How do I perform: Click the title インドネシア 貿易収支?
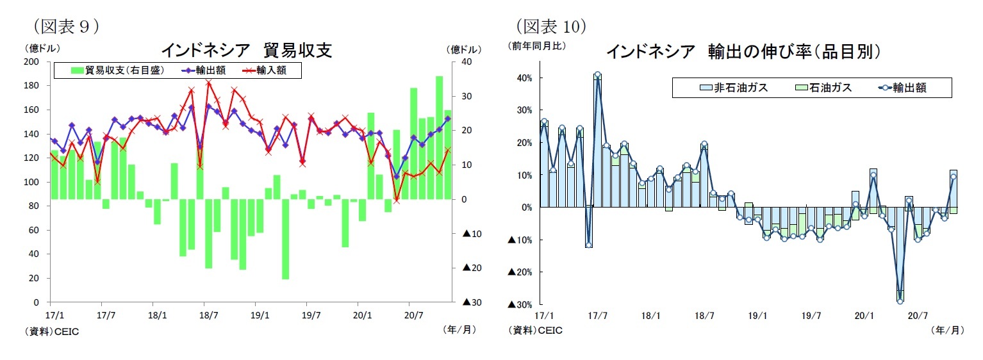(x=245, y=50)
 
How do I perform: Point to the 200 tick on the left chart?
(x=33, y=61)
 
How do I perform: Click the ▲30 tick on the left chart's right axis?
(x=471, y=302)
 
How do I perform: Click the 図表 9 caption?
(x=65, y=26)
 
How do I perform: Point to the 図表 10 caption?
(x=552, y=26)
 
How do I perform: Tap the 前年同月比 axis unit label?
(x=537, y=46)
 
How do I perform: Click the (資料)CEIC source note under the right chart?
(x=535, y=331)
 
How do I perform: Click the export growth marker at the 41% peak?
(x=598, y=75)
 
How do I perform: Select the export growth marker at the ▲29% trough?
(x=900, y=300)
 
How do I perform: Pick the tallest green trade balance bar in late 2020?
(x=439, y=137)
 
